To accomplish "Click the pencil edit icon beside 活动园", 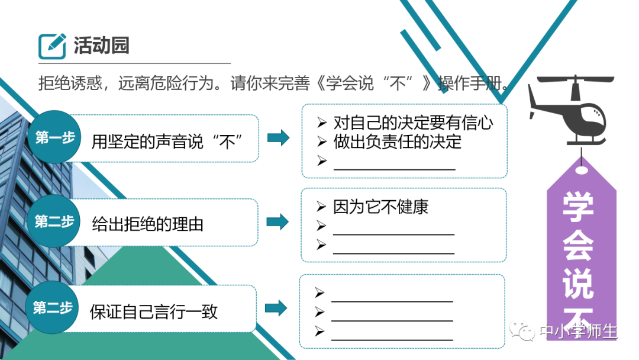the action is pos(52,46).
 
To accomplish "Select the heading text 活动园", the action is pos(101,46).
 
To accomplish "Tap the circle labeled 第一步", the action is pos(55,137).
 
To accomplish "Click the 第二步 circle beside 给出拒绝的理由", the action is pos(54,222).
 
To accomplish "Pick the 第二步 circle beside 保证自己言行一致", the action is pos(53,308).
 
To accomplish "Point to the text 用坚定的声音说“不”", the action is pos(168,141).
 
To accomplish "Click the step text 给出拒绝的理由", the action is pos(147,224).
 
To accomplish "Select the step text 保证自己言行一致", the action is pos(154,311).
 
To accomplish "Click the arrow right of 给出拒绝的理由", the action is pos(277,223).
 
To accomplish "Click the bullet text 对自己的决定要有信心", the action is pos(413,123).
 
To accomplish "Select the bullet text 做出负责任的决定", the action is pos(397,142).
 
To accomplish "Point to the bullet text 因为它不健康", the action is pos(380,207).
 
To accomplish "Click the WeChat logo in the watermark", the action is pos(523,331).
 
